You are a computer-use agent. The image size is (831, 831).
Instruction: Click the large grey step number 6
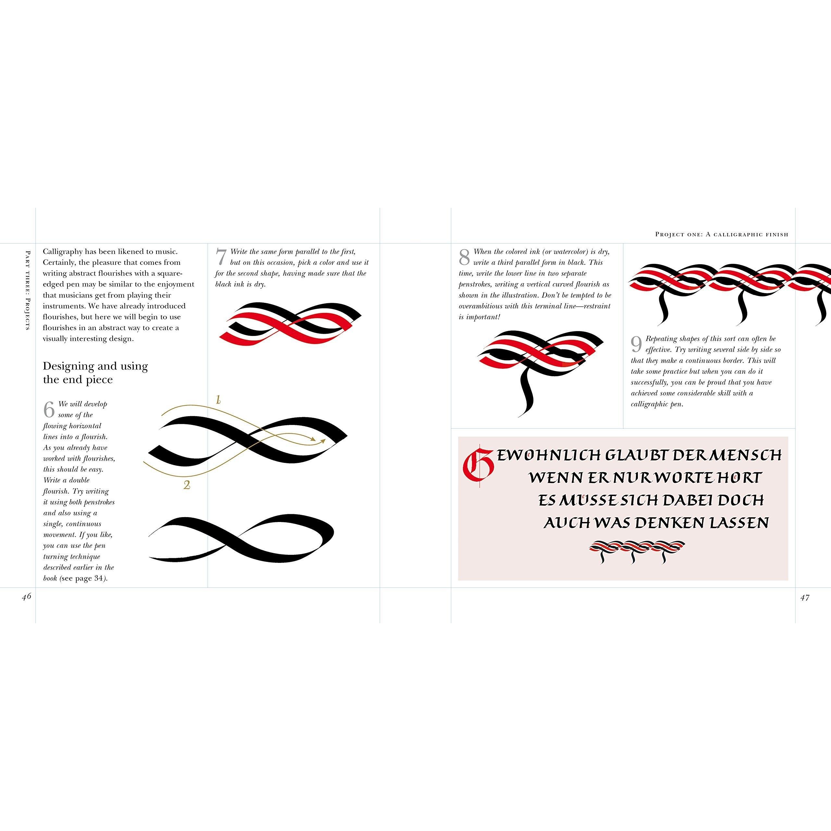coord(49,409)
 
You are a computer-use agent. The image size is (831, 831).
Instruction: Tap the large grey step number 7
coord(221,257)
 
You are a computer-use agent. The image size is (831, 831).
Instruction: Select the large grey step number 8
coord(465,257)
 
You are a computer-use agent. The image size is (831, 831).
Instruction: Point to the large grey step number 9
coord(637,344)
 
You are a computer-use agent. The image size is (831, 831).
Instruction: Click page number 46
coord(27,597)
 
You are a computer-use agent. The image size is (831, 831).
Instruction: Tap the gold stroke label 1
coord(218,400)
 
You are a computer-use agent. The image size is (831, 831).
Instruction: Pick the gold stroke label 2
coord(187,485)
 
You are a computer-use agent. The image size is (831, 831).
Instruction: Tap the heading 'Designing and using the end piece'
coord(95,373)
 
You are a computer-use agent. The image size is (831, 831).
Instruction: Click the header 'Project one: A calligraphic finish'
coord(721,234)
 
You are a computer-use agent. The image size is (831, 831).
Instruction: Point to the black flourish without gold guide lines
coord(241,539)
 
